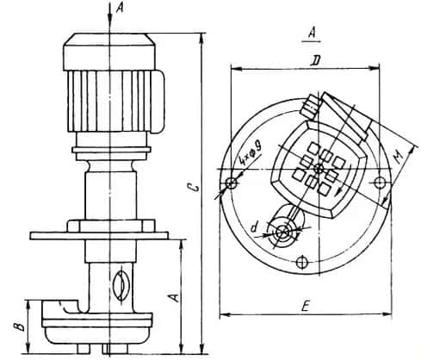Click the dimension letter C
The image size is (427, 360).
click(195, 187)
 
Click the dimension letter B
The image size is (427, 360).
click(20, 327)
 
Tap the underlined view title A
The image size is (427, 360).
click(312, 34)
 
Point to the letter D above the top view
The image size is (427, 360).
click(316, 61)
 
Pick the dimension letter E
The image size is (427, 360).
click(306, 306)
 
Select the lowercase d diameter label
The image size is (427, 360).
click(254, 227)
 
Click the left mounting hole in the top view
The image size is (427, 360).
click(231, 183)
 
